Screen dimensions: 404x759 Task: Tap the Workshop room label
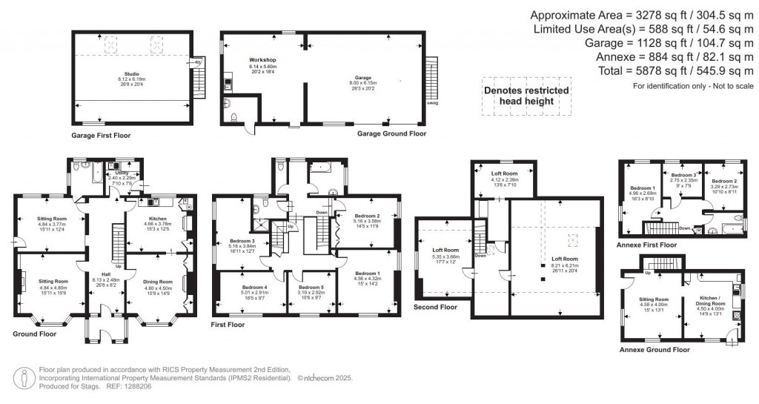pos(262,63)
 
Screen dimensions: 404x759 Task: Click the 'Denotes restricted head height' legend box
pos(526,96)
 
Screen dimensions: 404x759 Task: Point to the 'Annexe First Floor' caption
pos(646,244)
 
